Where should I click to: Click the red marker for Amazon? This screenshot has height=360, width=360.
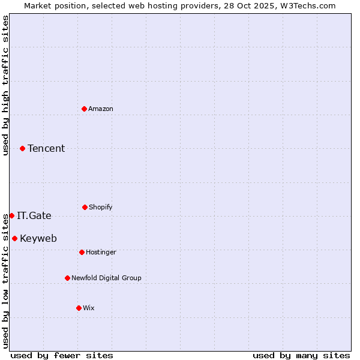point(85,109)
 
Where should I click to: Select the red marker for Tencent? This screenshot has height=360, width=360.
point(23,148)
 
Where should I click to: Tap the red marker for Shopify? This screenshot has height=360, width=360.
point(85,207)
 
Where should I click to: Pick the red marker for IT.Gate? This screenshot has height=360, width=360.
point(11,215)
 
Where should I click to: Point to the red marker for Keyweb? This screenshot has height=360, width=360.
point(14,238)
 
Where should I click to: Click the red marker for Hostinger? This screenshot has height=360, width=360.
point(82,252)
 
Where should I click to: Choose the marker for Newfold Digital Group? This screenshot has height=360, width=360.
point(67,278)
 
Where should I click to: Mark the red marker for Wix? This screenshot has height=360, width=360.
point(79,308)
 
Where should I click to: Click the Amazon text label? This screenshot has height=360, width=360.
point(101,109)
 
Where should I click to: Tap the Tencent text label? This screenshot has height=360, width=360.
point(46,148)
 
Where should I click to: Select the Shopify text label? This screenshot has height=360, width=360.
point(101,207)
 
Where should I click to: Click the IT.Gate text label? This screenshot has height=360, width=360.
point(34,215)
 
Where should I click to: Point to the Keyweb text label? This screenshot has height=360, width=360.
point(38,238)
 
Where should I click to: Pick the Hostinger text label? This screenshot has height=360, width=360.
point(101,252)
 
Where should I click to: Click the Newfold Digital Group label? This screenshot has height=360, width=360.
point(106,278)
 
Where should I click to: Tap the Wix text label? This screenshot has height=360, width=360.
point(89,308)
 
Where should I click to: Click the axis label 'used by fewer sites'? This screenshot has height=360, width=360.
point(62,355)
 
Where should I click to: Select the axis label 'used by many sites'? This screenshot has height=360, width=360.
point(301,355)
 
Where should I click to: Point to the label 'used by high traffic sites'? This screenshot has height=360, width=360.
point(5,85)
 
